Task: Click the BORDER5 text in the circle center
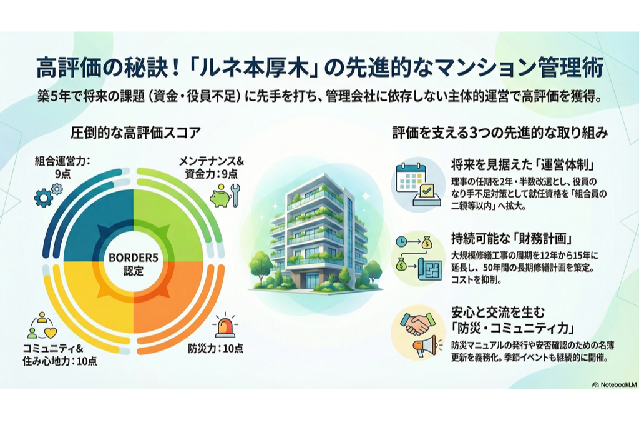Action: (134, 258)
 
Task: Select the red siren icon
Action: (225, 325)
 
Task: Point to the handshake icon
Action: (417, 324)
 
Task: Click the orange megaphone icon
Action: (425, 348)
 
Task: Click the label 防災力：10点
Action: (215, 348)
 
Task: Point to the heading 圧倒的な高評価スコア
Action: (135, 133)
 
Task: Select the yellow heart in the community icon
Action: (51, 333)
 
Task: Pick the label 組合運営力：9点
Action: (62, 167)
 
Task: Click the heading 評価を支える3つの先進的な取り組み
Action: (500, 133)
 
